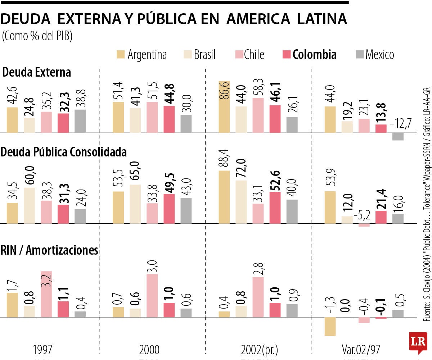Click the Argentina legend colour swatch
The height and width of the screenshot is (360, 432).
tap(121, 55)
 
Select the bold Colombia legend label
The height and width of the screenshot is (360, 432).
tap(314, 55)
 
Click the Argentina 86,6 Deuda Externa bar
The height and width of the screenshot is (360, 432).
tap(224, 107)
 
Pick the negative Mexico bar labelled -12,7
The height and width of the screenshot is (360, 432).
tap(398, 137)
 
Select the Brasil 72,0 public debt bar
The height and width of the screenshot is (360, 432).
tap(241, 202)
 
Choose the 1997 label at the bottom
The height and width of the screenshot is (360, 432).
tap(42, 349)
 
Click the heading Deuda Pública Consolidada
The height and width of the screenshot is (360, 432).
tap(64, 152)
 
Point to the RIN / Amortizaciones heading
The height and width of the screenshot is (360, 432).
tap(50, 250)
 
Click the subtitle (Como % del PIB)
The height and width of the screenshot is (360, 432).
tap(37, 36)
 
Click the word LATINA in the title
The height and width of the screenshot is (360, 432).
tap(323, 19)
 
